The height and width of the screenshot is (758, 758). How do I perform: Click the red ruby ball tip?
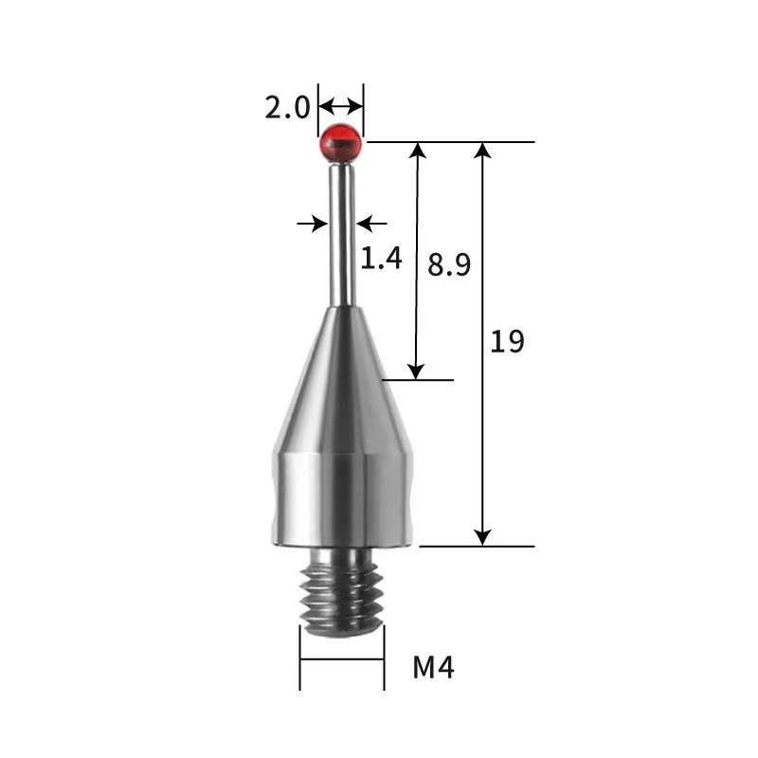[x=341, y=143]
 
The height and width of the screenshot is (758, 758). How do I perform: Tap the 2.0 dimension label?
[x=287, y=107]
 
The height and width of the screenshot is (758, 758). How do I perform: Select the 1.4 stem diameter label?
[x=382, y=258]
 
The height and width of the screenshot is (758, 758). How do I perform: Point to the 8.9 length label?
[x=449, y=265]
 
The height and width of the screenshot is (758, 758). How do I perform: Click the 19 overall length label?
[x=507, y=341]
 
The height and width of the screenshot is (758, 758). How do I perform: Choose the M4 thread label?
[x=434, y=668]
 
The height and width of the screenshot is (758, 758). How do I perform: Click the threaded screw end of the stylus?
[x=342, y=592]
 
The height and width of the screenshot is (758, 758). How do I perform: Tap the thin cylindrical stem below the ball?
[x=342, y=235]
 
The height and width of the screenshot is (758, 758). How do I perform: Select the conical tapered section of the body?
[x=342, y=380]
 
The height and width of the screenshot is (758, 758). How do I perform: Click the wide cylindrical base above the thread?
[x=342, y=500]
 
